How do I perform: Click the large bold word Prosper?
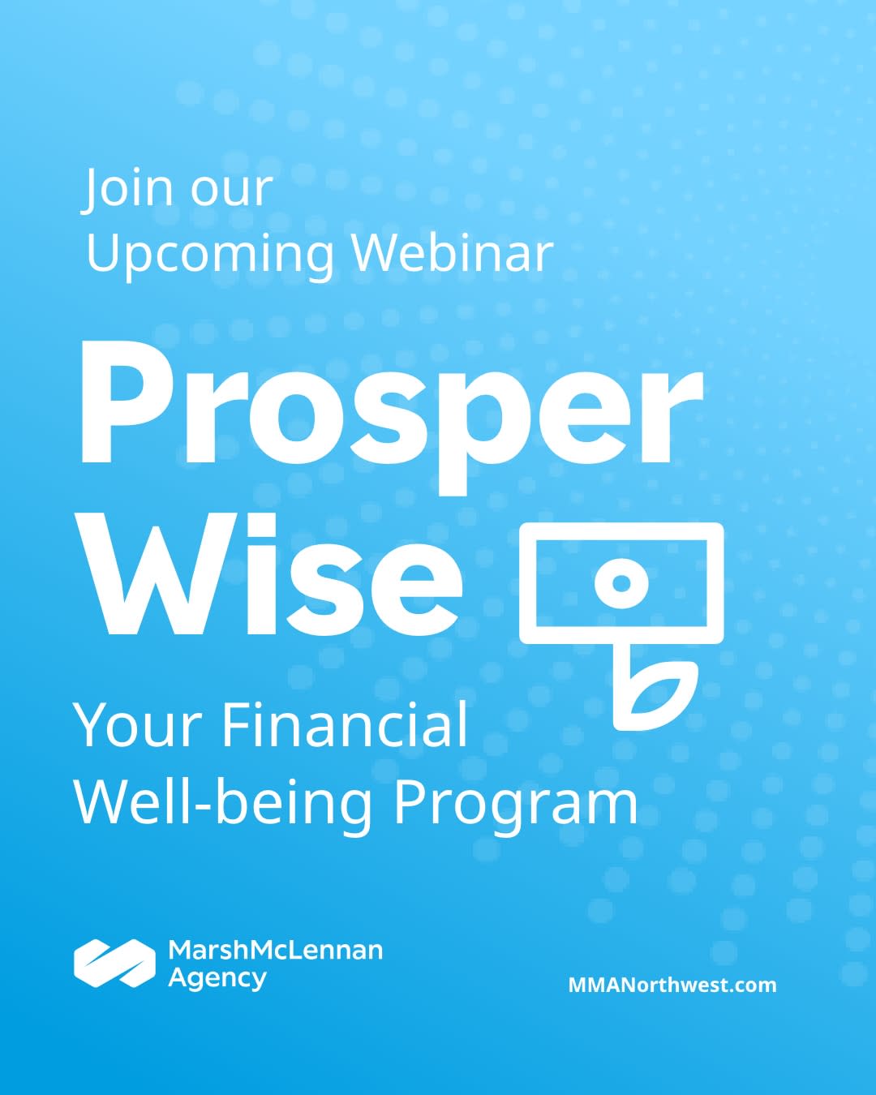(x=392, y=417)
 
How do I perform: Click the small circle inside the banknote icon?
(x=621, y=583)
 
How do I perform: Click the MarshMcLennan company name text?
(x=276, y=950)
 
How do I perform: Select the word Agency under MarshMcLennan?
(x=217, y=978)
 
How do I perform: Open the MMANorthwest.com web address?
(x=672, y=985)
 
